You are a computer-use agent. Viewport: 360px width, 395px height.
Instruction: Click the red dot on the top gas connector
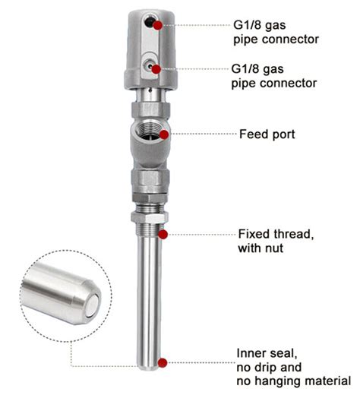point(158,24)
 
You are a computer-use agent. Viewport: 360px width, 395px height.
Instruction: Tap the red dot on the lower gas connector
point(156,69)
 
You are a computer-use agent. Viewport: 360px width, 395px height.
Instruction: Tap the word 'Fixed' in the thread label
point(253,233)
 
